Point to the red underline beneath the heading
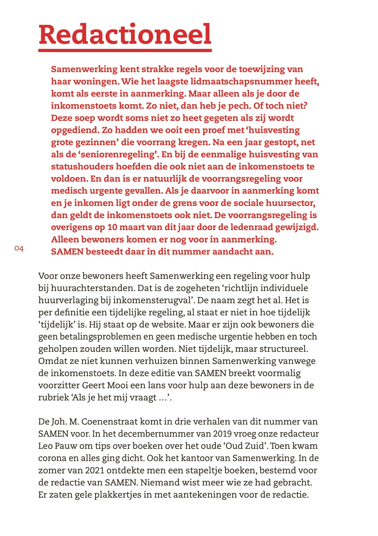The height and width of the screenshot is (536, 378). pyautogui.click(x=125, y=51)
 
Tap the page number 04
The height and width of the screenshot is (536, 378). pyautogui.click(x=19, y=249)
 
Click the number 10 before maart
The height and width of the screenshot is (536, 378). pyautogui.click(x=112, y=227)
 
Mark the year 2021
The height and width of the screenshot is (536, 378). pyautogui.click(x=95, y=470)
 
